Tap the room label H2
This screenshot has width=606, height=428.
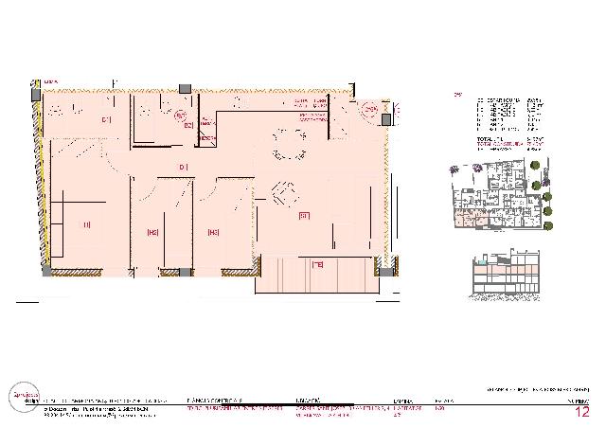click(x=151, y=232)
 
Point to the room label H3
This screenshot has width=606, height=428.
click(x=213, y=232)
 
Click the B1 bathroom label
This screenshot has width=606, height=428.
click(x=106, y=119)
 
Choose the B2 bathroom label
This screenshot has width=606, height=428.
click(x=188, y=125)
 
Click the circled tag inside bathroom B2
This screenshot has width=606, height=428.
click(x=180, y=115)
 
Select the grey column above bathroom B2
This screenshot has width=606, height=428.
click(x=186, y=88)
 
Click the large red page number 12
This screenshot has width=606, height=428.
click(x=582, y=412)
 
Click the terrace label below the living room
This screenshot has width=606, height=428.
click(x=318, y=265)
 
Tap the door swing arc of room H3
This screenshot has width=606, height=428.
click(x=210, y=187)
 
